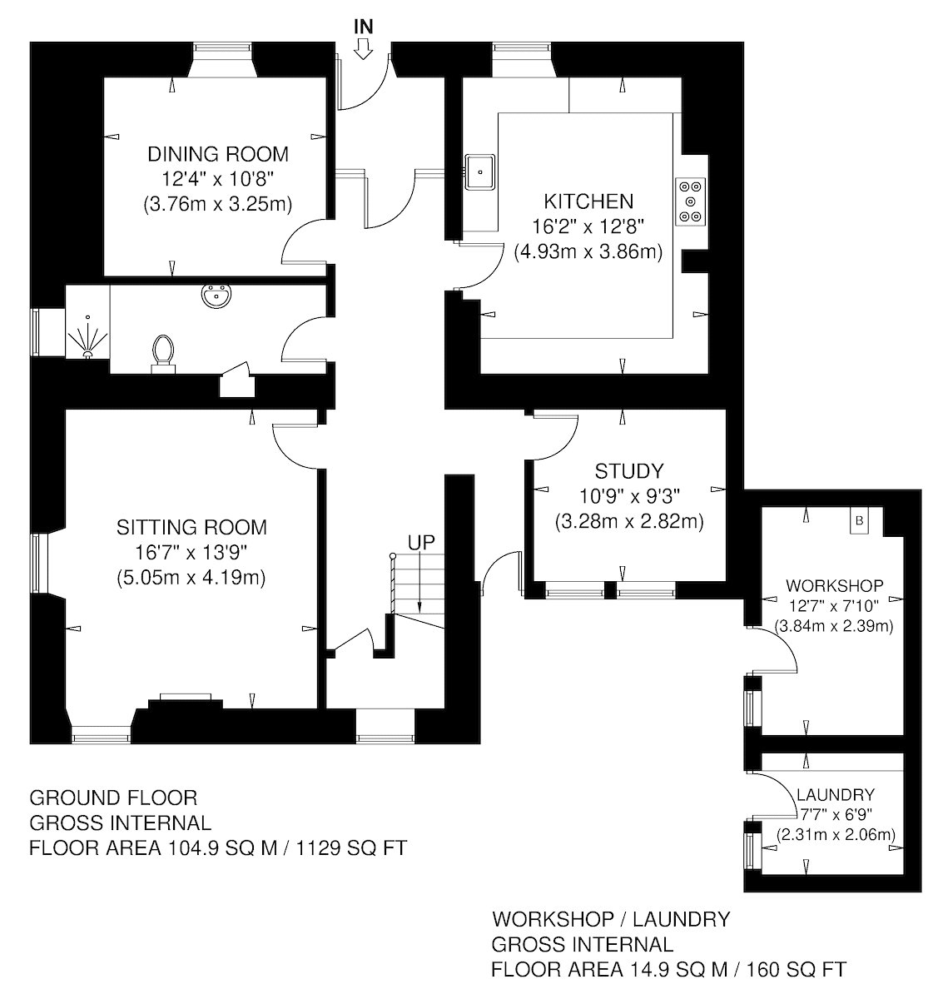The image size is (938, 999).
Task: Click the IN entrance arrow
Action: pyautogui.click(x=363, y=51)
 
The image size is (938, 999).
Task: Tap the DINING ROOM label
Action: pyautogui.click(x=218, y=154)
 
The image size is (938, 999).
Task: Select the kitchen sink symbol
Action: pyautogui.click(x=479, y=172)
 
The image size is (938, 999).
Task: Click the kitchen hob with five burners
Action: pyautogui.click(x=690, y=201)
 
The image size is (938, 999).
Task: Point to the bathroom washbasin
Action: pyautogui.click(x=216, y=296)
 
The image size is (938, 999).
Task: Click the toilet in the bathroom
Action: pyautogui.click(x=163, y=355)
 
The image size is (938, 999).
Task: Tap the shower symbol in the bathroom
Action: pyautogui.click(x=88, y=336)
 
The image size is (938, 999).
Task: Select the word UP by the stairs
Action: pyautogui.click(x=421, y=543)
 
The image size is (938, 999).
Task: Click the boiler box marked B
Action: pyautogui.click(x=859, y=520)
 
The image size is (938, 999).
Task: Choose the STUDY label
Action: pyautogui.click(x=628, y=471)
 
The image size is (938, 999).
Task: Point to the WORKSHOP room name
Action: pyautogui.click(x=835, y=585)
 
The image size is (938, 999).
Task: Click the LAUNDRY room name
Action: pyautogui.click(x=836, y=794)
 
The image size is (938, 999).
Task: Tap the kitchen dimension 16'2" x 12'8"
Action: pyautogui.click(x=588, y=227)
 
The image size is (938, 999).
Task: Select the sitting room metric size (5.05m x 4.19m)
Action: pyautogui.click(x=191, y=578)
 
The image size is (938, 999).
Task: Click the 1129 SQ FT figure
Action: pyautogui.click(x=351, y=847)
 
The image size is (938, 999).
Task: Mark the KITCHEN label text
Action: pyautogui.click(x=588, y=201)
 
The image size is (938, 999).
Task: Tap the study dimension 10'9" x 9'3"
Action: pyautogui.click(x=629, y=496)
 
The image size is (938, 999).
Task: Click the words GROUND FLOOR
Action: pyautogui.click(x=113, y=798)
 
